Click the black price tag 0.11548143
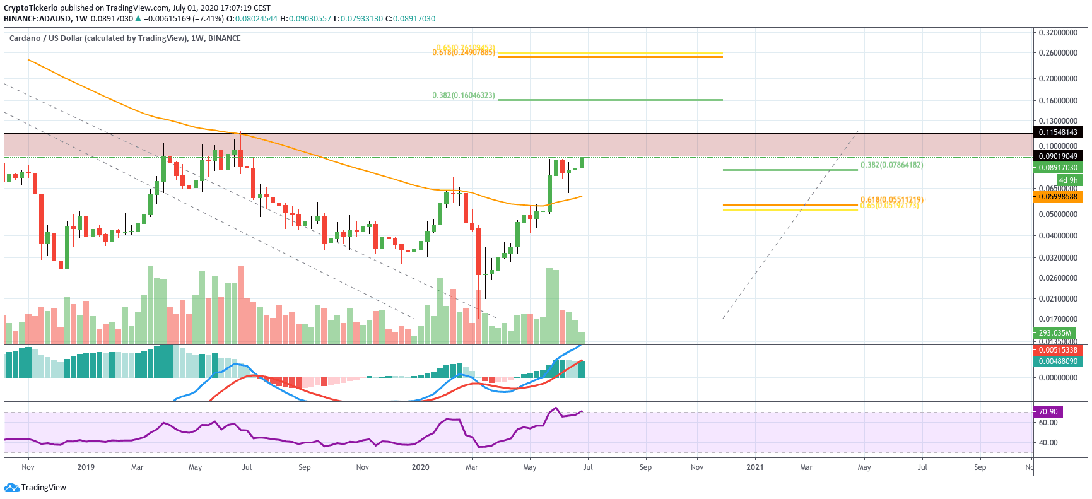(1058, 132)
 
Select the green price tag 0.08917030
(1058, 168)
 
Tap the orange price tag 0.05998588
(1058, 197)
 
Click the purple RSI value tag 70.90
(1048, 412)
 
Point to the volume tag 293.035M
(1055, 333)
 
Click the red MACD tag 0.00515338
(1058, 350)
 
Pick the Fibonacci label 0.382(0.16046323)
(464, 95)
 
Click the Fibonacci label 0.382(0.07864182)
(891, 165)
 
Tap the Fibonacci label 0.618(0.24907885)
(464, 52)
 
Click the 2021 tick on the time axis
(754, 467)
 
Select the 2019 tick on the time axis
(86, 467)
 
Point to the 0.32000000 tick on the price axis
(1058, 33)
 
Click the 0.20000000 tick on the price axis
(1058, 79)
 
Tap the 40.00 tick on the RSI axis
(1048, 443)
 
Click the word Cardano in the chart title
(25, 38)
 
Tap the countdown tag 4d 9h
(1068, 180)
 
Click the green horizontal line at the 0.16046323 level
(609, 100)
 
